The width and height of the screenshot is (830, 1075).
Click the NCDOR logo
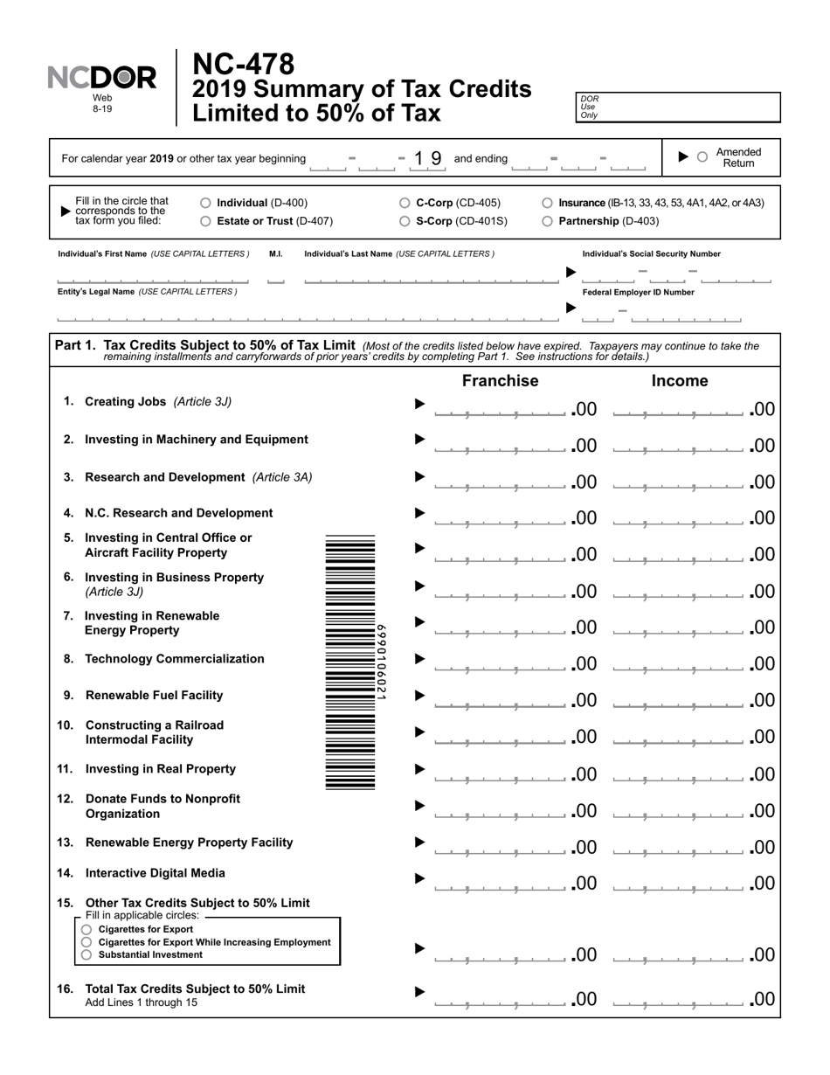tap(102, 79)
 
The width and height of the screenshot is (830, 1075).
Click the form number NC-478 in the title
tap(243, 65)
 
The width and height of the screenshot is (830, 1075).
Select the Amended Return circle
tap(702, 157)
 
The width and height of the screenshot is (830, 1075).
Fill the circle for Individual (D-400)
tap(205, 203)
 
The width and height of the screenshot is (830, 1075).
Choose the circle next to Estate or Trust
tap(205, 221)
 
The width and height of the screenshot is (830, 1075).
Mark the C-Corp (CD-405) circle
tap(405, 203)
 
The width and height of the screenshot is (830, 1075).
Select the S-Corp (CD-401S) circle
tap(405, 221)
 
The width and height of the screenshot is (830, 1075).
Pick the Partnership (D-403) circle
tap(547, 221)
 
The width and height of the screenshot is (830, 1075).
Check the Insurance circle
tap(547, 203)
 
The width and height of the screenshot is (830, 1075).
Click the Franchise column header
tap(500, 381)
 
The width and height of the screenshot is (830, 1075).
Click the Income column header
tap(680, 381)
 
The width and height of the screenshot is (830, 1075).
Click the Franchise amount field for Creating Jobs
tap(500, 409)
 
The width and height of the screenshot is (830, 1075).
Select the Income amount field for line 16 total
tap(679, 999)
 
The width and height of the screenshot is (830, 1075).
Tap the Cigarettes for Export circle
tap(86, 929)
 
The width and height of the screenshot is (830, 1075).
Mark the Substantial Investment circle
tap(86, 955)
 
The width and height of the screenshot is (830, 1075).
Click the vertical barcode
tap(350, 662)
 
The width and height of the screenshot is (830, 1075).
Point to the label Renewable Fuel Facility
tap(154, 696)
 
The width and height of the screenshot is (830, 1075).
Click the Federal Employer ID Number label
tap(638, 293)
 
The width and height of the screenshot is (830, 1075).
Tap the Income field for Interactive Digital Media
tap(679, 883)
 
